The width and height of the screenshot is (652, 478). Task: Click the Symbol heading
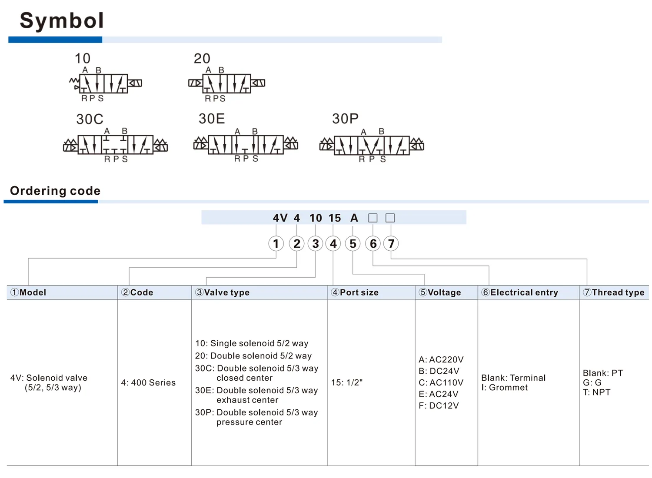click(x=62, y=21)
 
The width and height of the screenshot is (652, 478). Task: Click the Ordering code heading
click(x=55, y=191)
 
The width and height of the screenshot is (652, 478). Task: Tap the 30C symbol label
click(x=90, y=119)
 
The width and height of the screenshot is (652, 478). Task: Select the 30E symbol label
click(x=212, y=119)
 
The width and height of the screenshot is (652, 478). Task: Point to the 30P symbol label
click(x=345, y=119)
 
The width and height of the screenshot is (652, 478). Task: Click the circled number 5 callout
click(x=353, y=243)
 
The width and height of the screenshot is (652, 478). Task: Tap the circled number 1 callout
click(x=276, y=243)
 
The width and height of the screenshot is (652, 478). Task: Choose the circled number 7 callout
click(x=391, y=243)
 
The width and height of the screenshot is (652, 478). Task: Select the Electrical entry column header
click(x=519, y=292)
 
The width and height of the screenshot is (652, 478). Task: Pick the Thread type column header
click(x=614, y=292)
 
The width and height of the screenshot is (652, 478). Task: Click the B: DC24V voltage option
click(x=439, y=371)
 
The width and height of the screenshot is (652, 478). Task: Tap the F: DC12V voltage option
click(x=439, y=405)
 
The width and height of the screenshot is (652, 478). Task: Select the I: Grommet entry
click(x=504, y=388)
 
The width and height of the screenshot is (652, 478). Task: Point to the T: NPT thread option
click(x=597, y=392)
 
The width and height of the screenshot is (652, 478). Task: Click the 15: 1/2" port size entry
click(x=347, y=382)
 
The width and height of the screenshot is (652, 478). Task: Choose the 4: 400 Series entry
click(x=149, y=382)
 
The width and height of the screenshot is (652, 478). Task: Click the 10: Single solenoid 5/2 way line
click(x=252, y=343)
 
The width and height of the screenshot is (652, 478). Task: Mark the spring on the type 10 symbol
click(x=74, y=80)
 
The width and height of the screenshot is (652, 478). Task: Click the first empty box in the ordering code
click(x=373, y=218)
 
